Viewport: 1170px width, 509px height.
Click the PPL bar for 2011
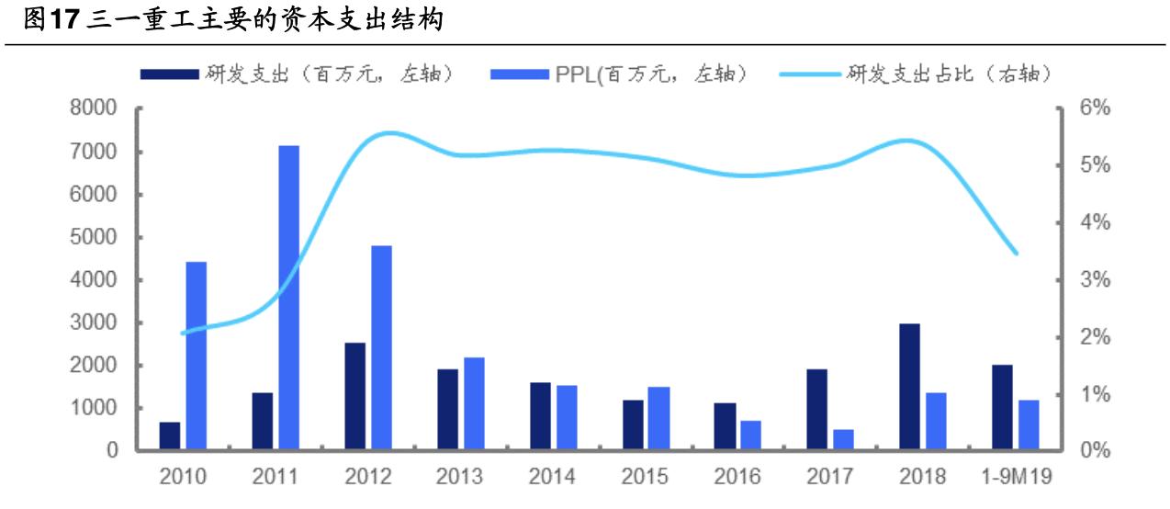[x=289, y=298]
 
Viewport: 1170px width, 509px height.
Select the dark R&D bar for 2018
[x=909, y=387]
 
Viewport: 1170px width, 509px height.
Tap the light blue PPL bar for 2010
[x=197, y=356]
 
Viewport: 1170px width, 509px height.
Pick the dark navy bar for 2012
[x=354, y=396]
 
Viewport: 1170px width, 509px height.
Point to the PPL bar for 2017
[x=844, y=440]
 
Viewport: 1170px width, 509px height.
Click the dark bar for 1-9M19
[x=1002, y=408]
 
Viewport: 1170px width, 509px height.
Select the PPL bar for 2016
[x=751, y=435]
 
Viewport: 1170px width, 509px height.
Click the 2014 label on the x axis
[x=553, y=478]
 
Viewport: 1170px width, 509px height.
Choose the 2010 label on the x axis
[x=183, y=478]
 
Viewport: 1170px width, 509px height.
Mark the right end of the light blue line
[x=1015, y=253]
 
